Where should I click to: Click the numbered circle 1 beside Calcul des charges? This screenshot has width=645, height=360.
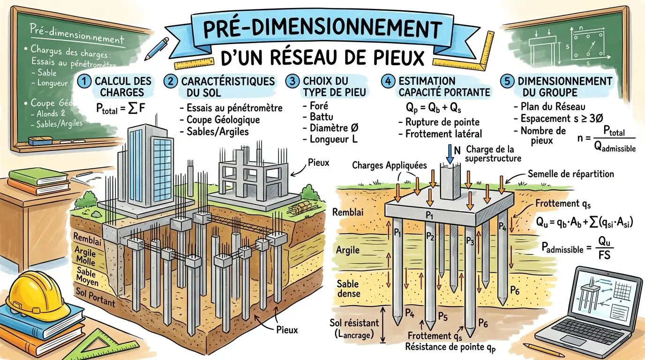point(84,81)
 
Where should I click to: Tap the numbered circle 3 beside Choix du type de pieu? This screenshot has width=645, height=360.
point(292,81)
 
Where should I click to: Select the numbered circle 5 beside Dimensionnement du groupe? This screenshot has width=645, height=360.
point(507,81)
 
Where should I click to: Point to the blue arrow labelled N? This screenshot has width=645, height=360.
point(450,154)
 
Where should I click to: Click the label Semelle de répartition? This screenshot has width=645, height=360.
point(571,174)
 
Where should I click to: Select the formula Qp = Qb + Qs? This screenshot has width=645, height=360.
point(433,107)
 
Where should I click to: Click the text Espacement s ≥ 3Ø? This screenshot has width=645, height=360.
point(562,119)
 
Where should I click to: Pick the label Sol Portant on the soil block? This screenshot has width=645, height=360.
point(95,297)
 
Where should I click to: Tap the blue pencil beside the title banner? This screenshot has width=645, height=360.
point(157,48)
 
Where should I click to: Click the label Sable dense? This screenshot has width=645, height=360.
point(348,289)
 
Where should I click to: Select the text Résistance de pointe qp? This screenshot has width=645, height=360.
point(450,347)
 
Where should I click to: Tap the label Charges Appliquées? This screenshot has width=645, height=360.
point(390,165)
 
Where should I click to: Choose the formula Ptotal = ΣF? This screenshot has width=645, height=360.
point(120,109)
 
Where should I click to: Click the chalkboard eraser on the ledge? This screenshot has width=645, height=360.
point(41,141)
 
